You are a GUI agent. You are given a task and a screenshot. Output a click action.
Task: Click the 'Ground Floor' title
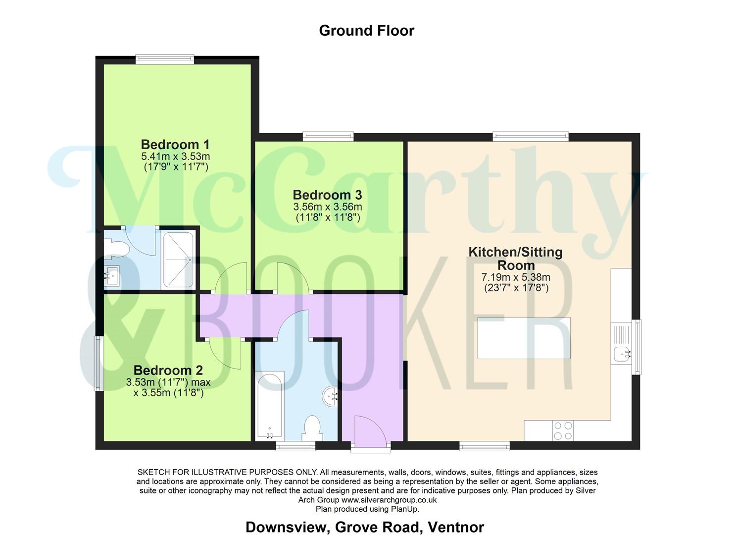[x=366, y=31]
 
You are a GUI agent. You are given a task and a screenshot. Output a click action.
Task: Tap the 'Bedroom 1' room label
[x=175, y=145]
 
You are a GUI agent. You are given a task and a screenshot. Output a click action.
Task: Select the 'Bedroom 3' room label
[x=327, y=195]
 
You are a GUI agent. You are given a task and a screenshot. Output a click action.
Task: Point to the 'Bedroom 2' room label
[x=168, y=370]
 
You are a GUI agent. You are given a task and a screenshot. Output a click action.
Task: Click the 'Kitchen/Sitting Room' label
[x=516, y=258]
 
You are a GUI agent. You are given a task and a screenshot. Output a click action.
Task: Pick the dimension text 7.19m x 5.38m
[x=516, y=277]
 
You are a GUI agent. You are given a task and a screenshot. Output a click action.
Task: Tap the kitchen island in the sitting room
[x=524, y=338]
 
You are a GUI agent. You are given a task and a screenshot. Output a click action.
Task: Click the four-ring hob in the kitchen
[x=562, y=430]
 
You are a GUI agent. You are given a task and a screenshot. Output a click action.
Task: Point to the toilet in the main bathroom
[x=312, y=428]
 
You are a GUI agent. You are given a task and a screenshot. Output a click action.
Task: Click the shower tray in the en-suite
[x=178, y=260]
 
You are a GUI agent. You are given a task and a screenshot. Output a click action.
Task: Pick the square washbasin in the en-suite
[x=111, y=274]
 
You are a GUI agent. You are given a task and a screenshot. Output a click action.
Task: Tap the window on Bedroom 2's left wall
[x=99, y=363]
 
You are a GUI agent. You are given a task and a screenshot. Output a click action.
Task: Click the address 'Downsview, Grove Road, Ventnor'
[x=364, y=527]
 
